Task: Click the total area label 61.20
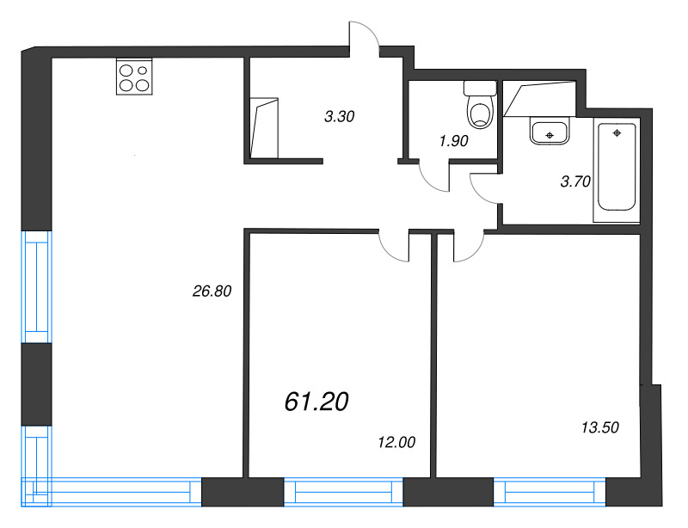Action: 316,402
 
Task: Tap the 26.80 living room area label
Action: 212,291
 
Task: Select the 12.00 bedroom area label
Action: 396,442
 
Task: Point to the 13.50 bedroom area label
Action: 599,427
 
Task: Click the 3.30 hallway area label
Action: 339,117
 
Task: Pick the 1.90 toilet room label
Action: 454,141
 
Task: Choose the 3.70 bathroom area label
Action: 575,181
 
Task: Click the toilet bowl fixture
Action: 480,104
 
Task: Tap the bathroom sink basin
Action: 550,132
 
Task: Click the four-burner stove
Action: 134,77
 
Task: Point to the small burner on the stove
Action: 142,71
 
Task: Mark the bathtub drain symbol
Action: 617,132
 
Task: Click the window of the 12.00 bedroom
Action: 343,492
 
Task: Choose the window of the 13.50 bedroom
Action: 550,492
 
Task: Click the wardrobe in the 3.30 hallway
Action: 264,128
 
